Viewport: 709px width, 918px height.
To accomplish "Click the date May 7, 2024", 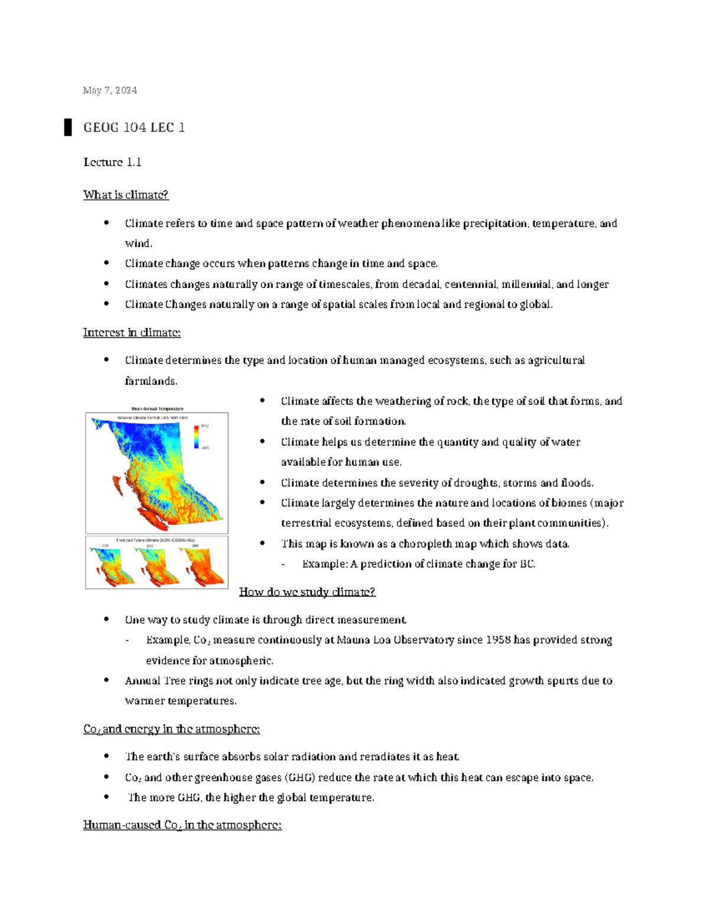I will point(110,90).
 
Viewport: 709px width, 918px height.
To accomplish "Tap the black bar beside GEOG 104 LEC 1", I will point(68,127).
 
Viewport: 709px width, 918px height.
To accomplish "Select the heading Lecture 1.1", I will point(112,162).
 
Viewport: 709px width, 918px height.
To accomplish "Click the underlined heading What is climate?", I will point(126,194).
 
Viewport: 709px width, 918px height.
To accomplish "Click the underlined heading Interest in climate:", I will point(132,333).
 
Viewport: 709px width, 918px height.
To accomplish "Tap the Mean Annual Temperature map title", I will point(157,408).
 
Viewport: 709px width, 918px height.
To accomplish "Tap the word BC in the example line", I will point(526,564).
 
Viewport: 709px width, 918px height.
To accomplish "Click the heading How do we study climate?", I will point(307,592).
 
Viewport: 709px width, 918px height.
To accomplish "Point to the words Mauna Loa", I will point(363,640).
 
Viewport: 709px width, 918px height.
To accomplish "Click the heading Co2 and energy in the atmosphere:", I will point(171,729).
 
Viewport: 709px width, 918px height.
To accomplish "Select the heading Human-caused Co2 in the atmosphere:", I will point(182,825).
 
